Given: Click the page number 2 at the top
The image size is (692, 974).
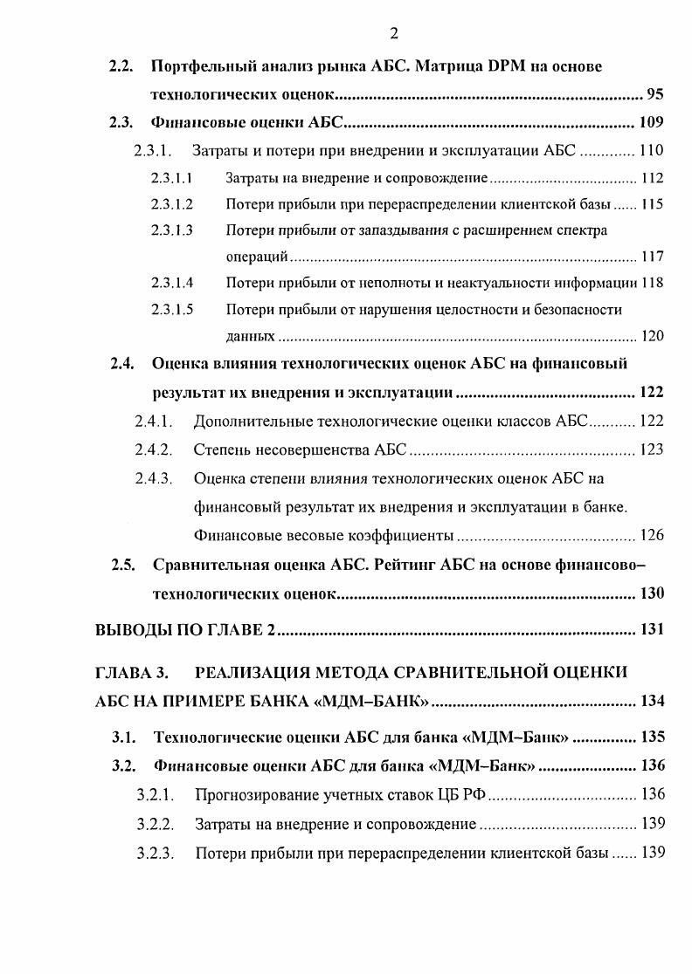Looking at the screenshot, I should click(393, 34).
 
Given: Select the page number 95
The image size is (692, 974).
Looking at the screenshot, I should click(654, 94).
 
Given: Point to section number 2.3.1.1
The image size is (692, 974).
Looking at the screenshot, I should click(171, 179).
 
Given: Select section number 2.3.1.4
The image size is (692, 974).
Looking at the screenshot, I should click(171, 283).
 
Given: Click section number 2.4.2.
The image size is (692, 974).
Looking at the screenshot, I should click(154, 449).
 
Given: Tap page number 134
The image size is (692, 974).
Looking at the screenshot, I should click(652, 701).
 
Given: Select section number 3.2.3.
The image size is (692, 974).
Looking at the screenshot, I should click(155, 852).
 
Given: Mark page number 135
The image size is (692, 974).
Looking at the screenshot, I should click(652, 737).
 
